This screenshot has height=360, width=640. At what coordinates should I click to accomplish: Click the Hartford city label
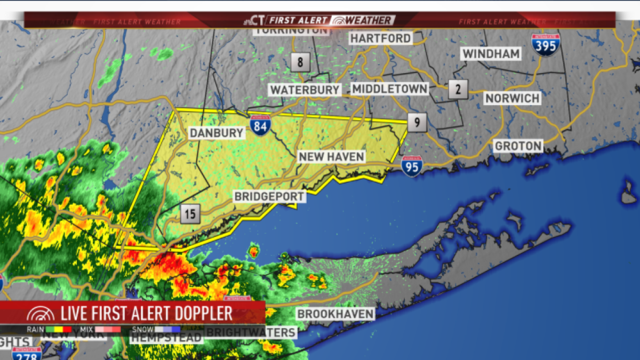[381, 38]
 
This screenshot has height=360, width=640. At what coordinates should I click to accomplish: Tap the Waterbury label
[305, 90]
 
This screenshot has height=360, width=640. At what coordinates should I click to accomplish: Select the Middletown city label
[390, 89]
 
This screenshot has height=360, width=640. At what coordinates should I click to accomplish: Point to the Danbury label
[217, 133]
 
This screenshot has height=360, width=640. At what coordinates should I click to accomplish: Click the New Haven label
[331, 157]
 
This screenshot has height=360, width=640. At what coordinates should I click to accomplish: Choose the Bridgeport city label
[270, 196]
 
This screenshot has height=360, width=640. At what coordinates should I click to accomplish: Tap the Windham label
[491, 54]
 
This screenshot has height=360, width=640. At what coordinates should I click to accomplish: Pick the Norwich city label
[513, 99]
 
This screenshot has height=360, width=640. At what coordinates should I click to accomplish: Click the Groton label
[518, 146]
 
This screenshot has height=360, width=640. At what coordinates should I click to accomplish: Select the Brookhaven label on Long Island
[335, 314]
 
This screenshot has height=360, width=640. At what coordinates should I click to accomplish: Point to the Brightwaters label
[251, 333]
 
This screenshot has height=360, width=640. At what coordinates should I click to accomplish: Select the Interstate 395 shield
[545, 44]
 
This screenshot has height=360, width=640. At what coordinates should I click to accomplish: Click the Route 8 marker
[300, 62]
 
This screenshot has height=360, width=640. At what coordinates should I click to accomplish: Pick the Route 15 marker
[190, 214]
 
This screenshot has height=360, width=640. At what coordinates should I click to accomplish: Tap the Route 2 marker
[458, 89]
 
